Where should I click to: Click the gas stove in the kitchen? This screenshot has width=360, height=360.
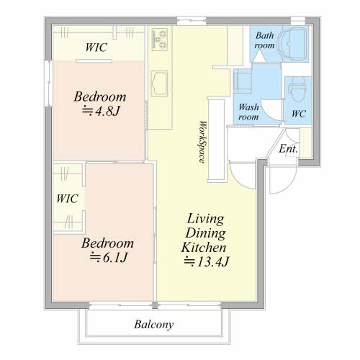(x=160, y=39)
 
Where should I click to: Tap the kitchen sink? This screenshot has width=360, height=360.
(x=159, y=84)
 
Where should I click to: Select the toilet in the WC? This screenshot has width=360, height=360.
(x=297, y=89)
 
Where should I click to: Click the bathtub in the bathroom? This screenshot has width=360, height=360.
(x=294, y=44)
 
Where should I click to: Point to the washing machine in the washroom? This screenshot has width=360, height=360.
(x=243, y=81)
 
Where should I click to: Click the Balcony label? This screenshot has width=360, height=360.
(x=154, y=325)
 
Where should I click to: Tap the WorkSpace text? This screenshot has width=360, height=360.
(x=203, y=142)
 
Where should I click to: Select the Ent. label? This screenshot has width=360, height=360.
(x=288, y=149)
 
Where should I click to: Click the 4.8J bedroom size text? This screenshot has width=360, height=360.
(x=101, y=111)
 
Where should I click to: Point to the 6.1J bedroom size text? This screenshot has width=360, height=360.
(x=108, y=258)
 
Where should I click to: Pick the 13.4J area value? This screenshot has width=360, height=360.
(x=207, y=261)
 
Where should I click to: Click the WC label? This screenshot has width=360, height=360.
(x=299, y=114)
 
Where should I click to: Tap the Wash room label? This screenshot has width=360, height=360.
(x=248, y=112)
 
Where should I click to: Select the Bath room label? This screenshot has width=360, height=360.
(x=264, y=40)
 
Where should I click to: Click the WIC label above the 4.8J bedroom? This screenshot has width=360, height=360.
(x=96, y=48)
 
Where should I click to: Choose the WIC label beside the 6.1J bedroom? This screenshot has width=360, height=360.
(x=67, y=199)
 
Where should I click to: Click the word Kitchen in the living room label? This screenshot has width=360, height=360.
(x=204, y=248)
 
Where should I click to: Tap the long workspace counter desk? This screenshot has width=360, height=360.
(x=217, y=140)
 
